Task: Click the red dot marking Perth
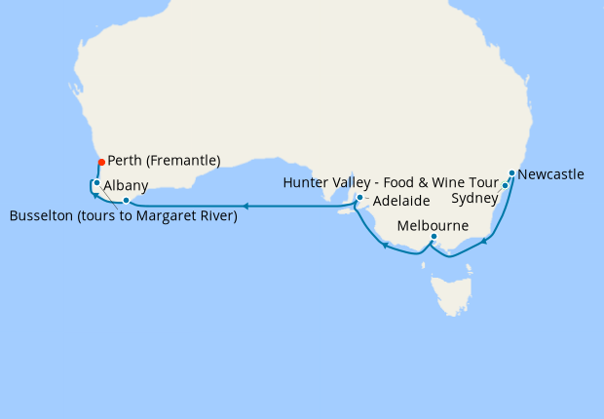100,162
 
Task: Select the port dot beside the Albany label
96,183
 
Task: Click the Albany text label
126,185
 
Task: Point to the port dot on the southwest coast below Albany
126,201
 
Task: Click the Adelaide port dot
359,199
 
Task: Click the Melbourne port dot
434,236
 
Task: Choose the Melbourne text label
433,225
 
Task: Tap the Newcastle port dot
511,174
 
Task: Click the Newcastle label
551,175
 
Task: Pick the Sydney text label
475,199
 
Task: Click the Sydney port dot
505,186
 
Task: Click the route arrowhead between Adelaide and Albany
245,207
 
